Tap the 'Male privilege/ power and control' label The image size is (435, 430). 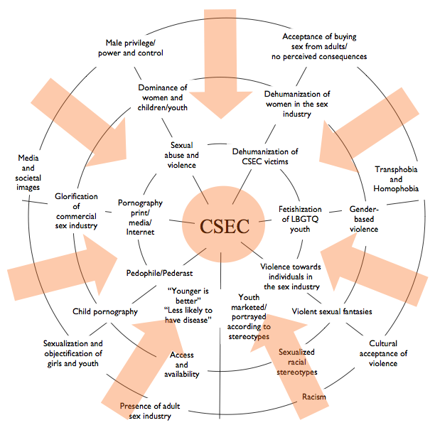click(x=134, y=47)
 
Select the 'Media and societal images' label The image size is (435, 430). click(x=29, y=173)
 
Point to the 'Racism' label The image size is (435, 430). click(x=313, y=397)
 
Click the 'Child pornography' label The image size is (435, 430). click(x=105, y=311)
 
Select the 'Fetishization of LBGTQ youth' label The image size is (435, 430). click(x=311, y=219)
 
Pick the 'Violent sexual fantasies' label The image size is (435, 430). click(x=333, y=311)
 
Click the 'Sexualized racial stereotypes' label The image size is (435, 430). click(x=298, y=362)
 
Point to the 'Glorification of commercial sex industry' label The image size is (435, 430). click(x=78, y=211)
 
